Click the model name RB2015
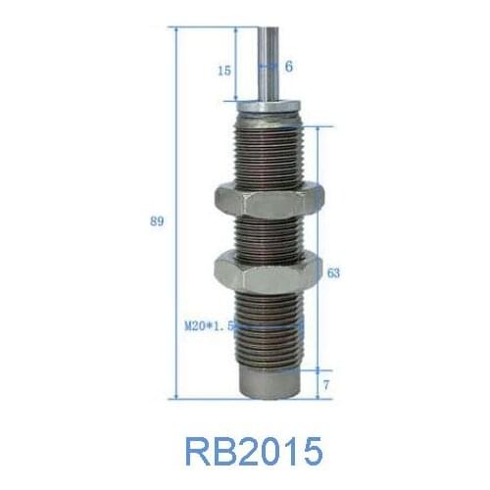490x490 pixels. [252, 452]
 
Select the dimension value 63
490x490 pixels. [333, 273]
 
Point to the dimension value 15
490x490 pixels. [224, 70]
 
